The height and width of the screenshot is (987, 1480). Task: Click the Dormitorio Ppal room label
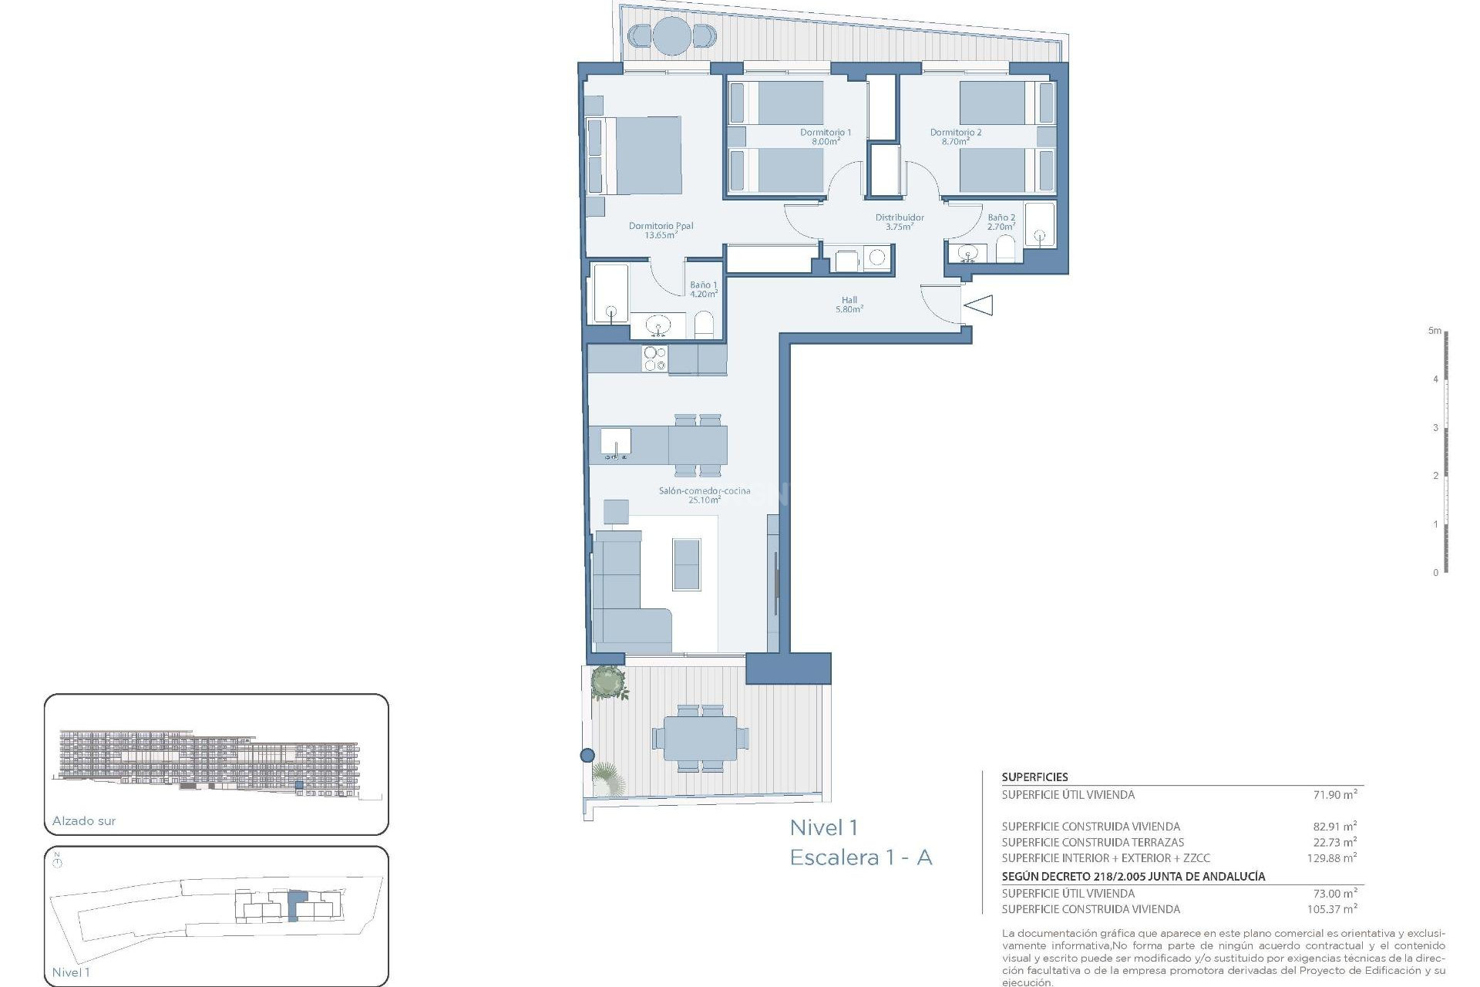tap(661, 227)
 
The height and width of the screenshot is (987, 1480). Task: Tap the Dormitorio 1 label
tap(825, 133)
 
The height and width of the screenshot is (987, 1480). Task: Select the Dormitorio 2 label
tap(955, 133)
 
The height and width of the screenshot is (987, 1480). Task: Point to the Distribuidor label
tap(899, 218)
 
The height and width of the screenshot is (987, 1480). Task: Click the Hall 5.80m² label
tap(849, 305)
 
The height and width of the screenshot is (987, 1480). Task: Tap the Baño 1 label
tap(703, 286)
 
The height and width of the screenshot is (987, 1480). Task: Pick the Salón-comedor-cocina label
tap(704, 491)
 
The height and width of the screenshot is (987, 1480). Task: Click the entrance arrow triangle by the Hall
tap(979, 305)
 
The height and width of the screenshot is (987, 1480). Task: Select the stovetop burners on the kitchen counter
tap(654, 359)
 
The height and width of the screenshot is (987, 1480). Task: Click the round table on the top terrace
tap(671, 35)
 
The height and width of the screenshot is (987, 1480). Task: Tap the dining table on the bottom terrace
tap(700, 738)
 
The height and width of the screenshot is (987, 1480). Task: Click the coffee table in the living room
tap(687, 564)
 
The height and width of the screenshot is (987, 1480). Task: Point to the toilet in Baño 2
tap(1005, 249)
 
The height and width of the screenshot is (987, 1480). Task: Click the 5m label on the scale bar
tap(1434, 331)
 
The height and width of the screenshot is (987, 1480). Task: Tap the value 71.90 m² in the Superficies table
tap(1334, 794)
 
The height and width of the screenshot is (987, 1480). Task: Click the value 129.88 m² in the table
tap(1331, 857)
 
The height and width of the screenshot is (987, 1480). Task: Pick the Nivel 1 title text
tap(823, 828)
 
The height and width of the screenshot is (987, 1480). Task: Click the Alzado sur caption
tap(84, 821)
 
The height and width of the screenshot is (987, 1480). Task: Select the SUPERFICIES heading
tap(1034, 777)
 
